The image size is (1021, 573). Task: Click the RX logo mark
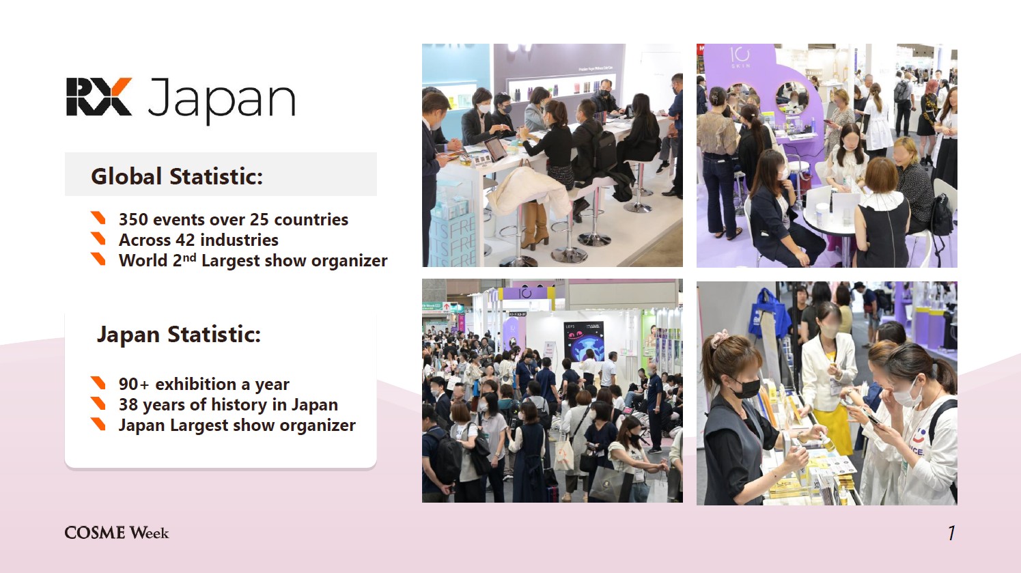[99, 96]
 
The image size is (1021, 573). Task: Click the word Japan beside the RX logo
[221, 100]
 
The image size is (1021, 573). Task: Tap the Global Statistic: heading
[177, 176]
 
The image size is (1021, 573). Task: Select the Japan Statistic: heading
[179, 335]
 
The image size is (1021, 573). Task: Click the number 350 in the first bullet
[133, 220]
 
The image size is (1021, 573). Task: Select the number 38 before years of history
[128, 405]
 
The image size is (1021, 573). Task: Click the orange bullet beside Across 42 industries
[98, 238]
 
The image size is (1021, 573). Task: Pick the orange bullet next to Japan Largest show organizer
[98, 424]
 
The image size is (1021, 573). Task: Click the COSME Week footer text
[117, 533]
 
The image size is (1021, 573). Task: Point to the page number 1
[951, 533]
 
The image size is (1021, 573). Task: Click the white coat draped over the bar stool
[529, 191]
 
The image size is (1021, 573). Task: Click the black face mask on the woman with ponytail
[746, 389]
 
